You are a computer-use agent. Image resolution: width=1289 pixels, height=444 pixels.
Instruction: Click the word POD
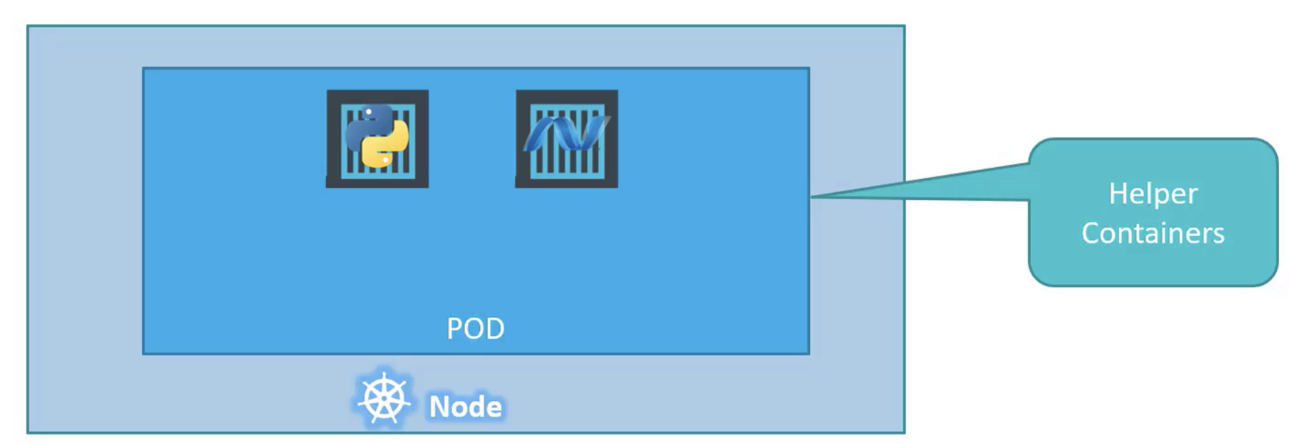click(475, 329)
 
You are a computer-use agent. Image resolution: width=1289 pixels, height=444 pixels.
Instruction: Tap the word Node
click(465, 406)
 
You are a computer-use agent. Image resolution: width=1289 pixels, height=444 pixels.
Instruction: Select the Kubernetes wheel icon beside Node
click(384, 400)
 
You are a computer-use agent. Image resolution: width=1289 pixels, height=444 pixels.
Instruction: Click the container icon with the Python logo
click(378, 139)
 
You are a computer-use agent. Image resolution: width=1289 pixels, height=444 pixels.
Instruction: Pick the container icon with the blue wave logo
click(567, 139)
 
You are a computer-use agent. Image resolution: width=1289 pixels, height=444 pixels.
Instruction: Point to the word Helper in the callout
click(1153, 194)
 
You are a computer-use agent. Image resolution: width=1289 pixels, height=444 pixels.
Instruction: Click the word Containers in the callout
click(1153, 233)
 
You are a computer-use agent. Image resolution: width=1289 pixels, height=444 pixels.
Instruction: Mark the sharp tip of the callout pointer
click(813, 197)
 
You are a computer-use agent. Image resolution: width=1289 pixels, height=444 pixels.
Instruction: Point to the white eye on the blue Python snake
click(369, 112)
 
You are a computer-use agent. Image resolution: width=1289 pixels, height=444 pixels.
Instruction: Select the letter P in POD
click(455, 329)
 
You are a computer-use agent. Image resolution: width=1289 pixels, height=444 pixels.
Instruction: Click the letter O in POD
click(474, 329)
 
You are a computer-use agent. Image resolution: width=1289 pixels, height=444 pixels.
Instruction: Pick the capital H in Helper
click(1117, 194)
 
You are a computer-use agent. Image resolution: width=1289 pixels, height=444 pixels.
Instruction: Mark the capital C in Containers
click(1092, 233)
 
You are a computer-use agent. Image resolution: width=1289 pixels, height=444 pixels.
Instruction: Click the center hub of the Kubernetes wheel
click(384, 400)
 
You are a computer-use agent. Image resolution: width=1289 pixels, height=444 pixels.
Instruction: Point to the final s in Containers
click(1219, 235)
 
